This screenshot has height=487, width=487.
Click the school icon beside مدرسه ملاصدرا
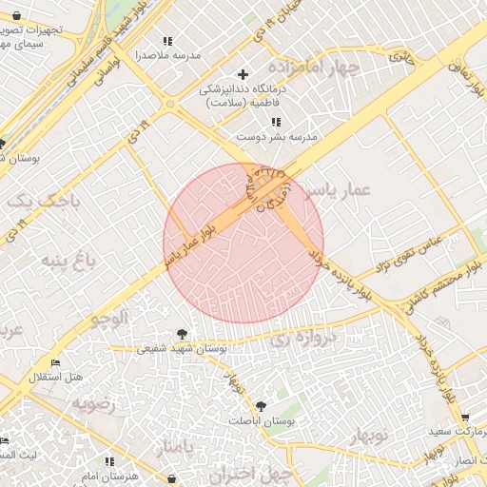168,41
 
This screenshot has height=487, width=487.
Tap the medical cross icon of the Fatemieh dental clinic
243,73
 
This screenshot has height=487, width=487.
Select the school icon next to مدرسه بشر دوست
276,122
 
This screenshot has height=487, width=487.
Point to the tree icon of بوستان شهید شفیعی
182,334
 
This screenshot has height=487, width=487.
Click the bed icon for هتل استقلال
55,362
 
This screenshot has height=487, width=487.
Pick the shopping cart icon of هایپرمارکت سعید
464,417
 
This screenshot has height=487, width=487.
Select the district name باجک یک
34,201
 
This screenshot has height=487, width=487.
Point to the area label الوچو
107,320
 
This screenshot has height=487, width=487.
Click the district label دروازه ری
302,339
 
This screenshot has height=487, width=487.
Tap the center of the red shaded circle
243,243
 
